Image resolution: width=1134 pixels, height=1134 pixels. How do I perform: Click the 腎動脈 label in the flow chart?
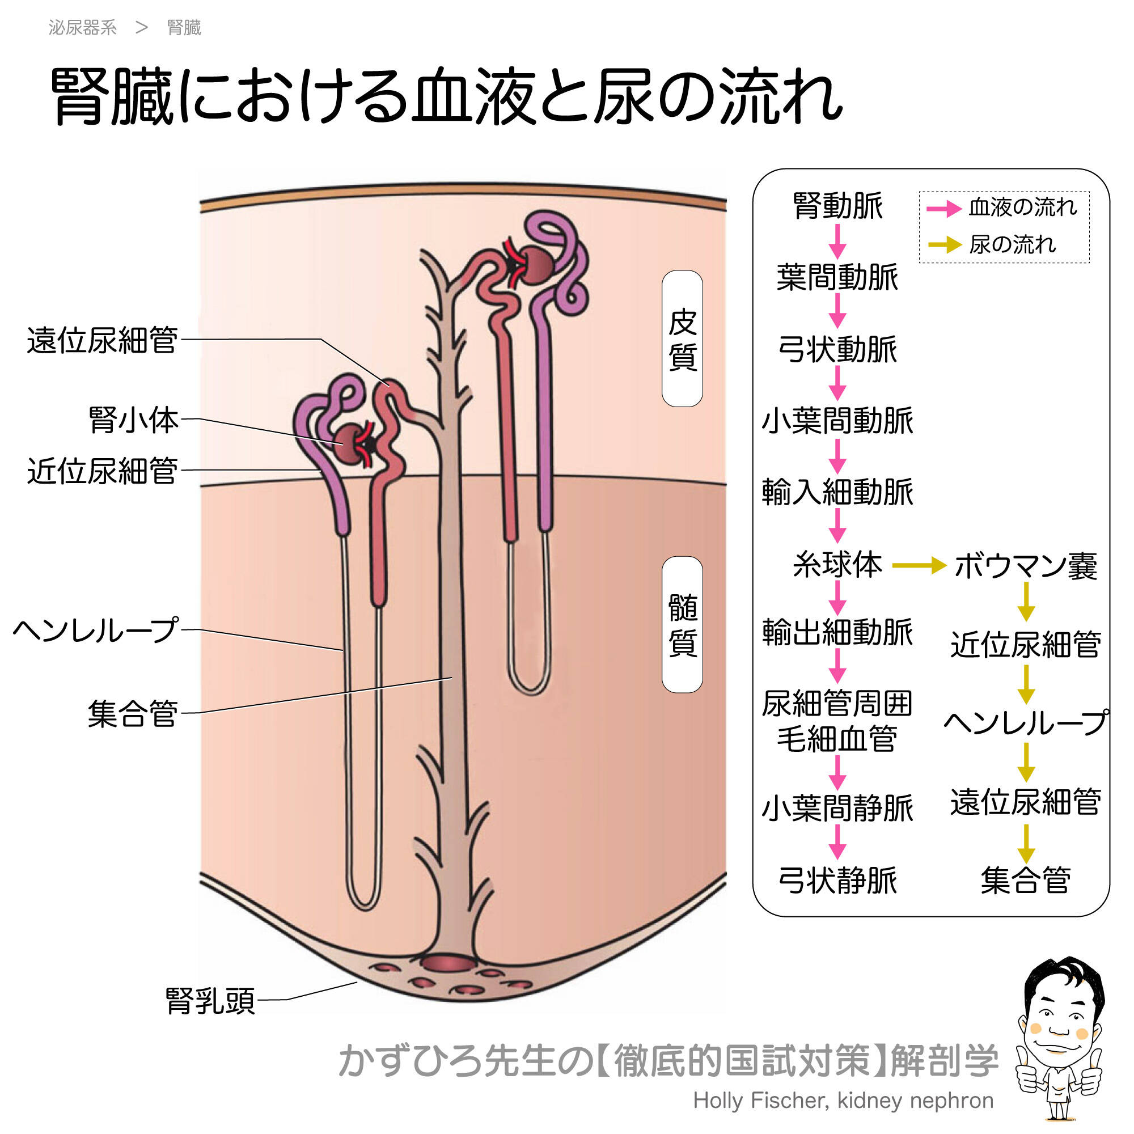[837, 206]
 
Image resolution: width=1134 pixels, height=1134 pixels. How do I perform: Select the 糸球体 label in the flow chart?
[837, 565]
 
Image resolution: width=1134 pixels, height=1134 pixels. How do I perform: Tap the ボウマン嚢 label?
[1025, 566]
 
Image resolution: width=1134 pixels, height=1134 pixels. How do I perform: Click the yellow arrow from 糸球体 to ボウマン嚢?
[919, 566]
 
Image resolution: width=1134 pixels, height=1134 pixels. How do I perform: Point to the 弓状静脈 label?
[837, 881]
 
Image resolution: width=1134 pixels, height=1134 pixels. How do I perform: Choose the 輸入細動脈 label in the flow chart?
[837, 492]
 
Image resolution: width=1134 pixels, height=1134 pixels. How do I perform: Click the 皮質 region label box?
[682, 338]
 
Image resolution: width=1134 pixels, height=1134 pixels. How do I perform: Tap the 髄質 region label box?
[682, 624]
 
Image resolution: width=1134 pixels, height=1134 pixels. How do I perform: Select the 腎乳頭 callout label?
[210, 1000]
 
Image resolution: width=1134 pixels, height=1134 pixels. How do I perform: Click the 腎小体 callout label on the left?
[133, 420]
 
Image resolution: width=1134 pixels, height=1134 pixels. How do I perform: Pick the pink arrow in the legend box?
[943, 208]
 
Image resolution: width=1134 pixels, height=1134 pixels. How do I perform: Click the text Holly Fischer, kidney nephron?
[843, 1101]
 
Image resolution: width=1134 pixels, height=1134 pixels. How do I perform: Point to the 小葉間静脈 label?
[837, 808]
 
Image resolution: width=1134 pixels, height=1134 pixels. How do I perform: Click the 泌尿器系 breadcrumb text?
[83, 28]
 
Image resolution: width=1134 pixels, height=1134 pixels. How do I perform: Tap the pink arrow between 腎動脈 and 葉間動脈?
[837, 241]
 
